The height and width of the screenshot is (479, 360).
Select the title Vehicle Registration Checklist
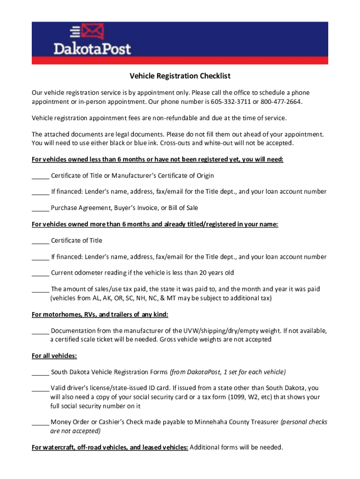(180, 76)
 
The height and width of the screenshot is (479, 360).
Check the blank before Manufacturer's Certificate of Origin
(40, 176)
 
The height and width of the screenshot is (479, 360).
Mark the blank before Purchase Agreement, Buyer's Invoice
(40, 208)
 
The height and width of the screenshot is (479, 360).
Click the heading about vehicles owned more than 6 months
(155, 225)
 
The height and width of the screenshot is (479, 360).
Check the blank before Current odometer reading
(40, 273)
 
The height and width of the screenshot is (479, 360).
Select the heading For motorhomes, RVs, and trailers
(100, 314)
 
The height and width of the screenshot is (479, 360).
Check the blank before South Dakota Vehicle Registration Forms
(40, 372)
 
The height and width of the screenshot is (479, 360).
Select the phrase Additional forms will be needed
(236, 447)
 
